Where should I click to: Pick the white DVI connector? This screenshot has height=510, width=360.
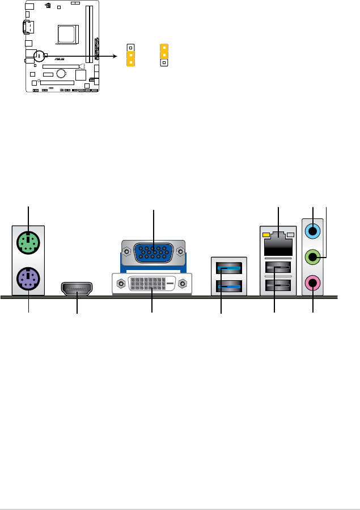point(152,284)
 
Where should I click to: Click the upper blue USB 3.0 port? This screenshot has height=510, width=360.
point(229,267)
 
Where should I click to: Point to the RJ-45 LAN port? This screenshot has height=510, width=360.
point(278,242)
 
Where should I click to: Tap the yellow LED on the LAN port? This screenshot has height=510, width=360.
point(266,234)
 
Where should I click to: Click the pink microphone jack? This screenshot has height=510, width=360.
point(313,281)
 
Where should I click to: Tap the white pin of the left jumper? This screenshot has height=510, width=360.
point(130,48)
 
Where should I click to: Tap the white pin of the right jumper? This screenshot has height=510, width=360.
point(164,63)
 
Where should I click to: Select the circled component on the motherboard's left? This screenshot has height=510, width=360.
point(39,56)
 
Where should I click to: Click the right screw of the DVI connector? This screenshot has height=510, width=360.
point(183,284)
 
